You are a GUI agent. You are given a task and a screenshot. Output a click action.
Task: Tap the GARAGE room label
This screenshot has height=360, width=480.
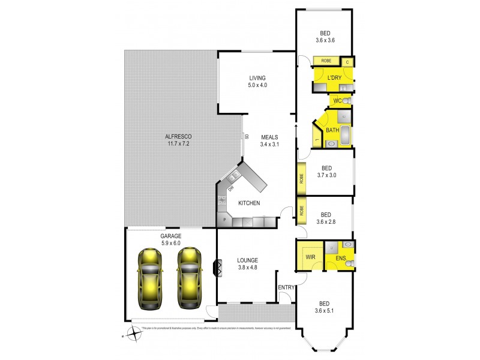point(171,236)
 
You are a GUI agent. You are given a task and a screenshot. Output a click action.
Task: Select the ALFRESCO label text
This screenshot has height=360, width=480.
point(178,137)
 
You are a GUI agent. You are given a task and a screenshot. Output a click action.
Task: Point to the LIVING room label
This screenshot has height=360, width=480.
point(258,78)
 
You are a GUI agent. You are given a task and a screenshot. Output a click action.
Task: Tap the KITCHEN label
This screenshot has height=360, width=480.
point(249,203)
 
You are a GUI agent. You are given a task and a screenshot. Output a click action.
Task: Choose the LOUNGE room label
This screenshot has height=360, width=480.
point(247,260)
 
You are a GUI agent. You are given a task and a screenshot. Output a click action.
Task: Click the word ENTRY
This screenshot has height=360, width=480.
point(286,287)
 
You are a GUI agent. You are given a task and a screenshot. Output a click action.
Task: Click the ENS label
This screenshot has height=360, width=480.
point(340,259)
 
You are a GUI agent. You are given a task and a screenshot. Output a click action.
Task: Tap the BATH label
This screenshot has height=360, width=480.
point(332,130)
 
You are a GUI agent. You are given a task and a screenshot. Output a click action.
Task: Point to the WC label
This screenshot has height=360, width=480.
point(337,100)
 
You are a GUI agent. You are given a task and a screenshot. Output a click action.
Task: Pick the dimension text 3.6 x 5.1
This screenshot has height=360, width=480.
point(326,310)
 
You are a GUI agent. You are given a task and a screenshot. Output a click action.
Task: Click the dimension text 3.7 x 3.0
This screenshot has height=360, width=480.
point(327,175)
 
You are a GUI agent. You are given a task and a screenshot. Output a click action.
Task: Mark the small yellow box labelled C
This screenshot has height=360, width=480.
point(347,61)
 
